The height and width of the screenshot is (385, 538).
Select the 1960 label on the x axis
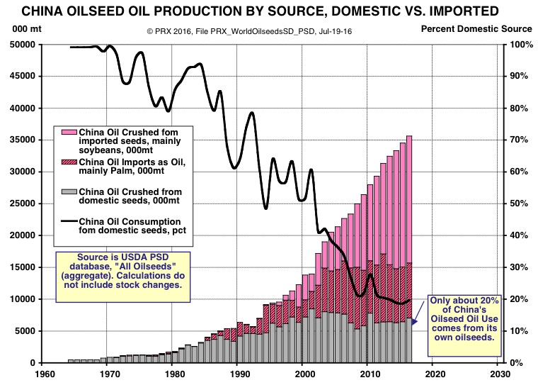click(x=45, y=374)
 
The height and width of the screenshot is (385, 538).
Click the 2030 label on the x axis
click(x=499, y=374)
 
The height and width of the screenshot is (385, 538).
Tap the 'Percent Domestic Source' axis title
click(x=476, y=29)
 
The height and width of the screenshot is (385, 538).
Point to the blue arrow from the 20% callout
click(x=418, y=312)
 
